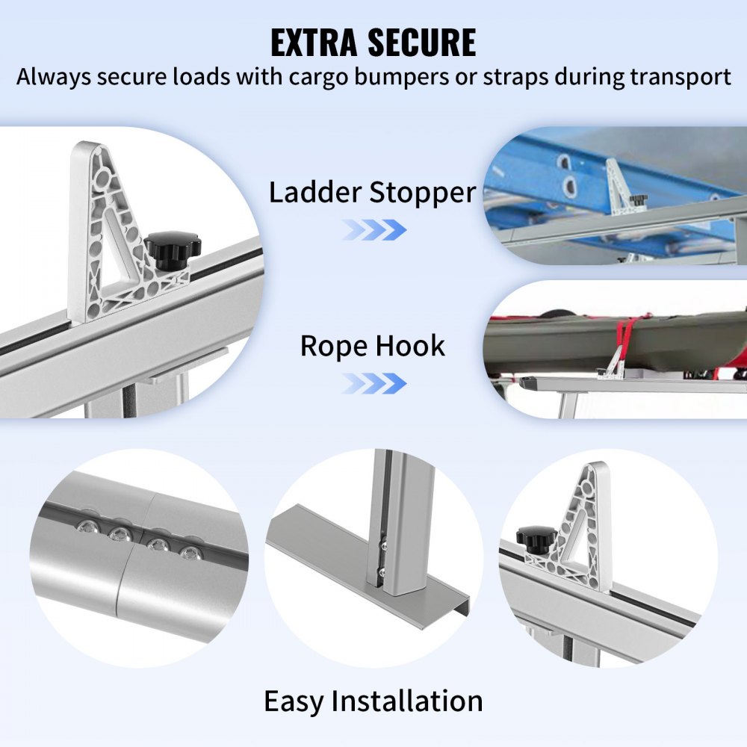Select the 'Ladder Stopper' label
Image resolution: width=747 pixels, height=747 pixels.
372,193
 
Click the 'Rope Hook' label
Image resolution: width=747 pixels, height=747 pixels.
372,346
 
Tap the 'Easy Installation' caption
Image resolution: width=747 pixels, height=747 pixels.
373,701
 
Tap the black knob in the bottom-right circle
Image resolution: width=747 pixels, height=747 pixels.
537,536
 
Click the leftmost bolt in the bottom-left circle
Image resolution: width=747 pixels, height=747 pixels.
83,528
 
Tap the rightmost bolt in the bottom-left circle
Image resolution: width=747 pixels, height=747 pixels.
192,554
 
